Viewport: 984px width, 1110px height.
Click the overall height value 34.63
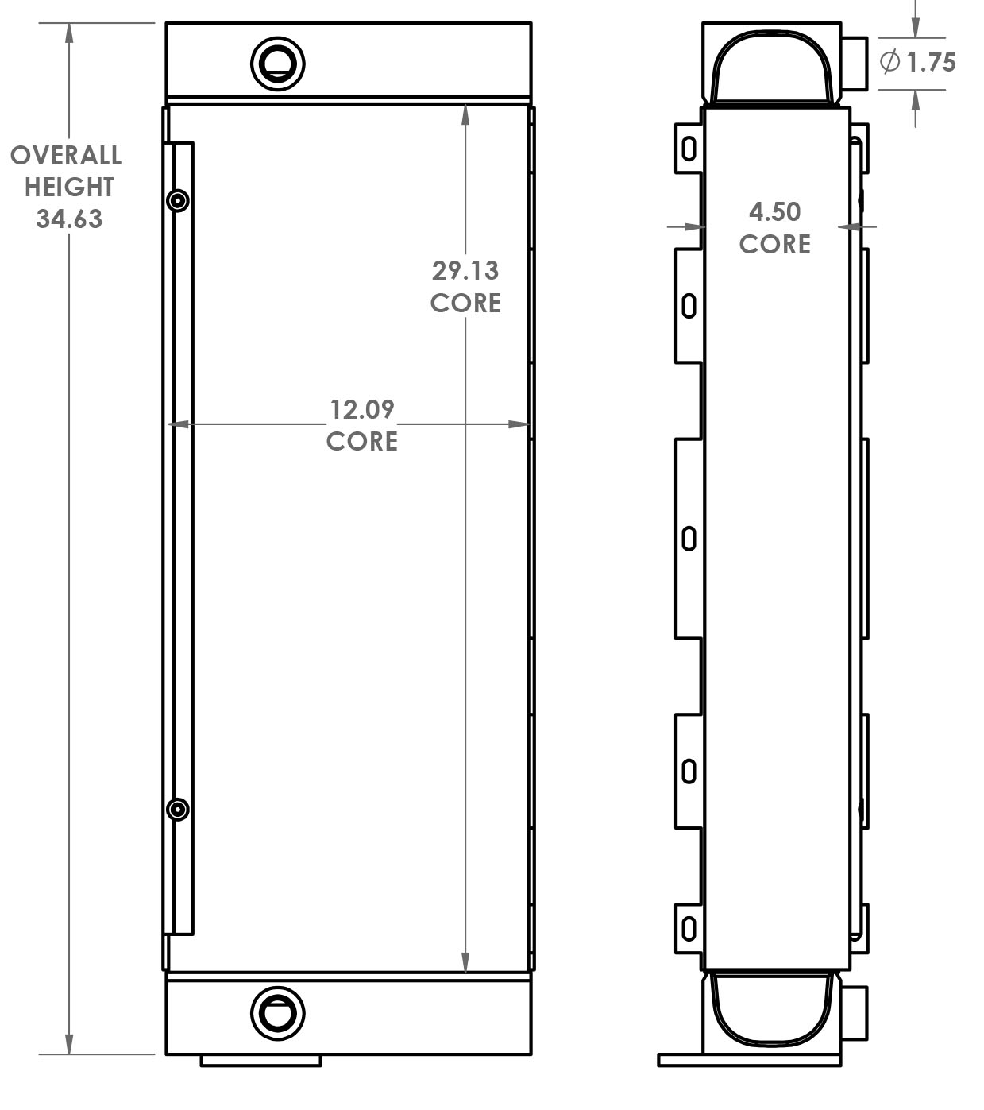(69, 219)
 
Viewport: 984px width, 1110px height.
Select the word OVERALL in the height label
(66, 155)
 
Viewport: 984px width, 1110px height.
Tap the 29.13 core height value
(465, 271)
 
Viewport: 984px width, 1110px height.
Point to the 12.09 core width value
(362, 409)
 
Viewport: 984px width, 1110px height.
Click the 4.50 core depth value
(775, 211)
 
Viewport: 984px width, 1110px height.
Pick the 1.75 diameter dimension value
(932, 62)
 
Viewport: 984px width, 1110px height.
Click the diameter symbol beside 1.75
(890, 61)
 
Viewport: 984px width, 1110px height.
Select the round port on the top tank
(278, 63)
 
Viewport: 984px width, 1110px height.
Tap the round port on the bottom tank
(278, 1013)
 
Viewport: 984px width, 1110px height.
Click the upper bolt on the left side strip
(179, 200)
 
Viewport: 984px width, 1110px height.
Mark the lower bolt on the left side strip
(179, 810)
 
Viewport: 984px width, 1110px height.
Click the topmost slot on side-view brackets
(689, 149)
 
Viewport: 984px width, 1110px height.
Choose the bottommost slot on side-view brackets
(689, 928)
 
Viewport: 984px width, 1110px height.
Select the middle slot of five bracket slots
(689, 539)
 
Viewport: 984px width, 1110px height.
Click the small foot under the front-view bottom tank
(260, 1060)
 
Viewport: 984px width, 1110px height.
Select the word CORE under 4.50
(775, 244)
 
